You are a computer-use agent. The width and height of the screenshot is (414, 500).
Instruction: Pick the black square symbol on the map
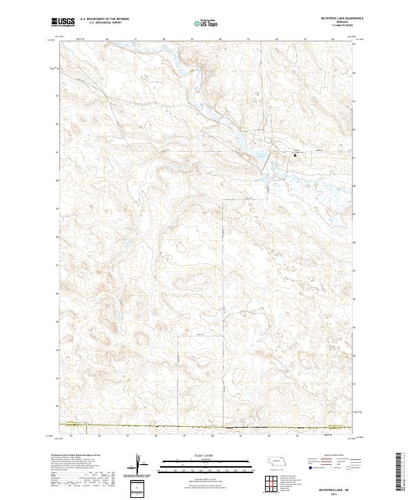click(x=297, y=155)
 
